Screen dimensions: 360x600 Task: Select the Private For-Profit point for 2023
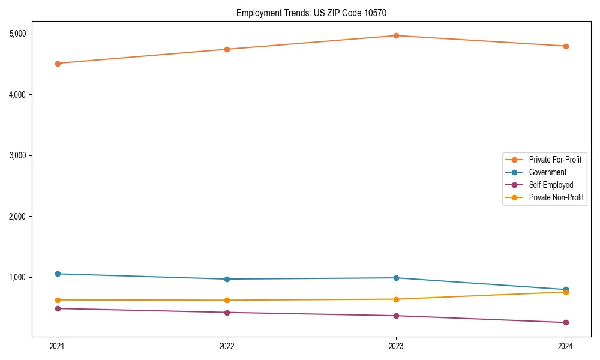pyautogui.click(x=396, y=35)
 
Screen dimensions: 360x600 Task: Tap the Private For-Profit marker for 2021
pyautogui.click(x=58, y=63)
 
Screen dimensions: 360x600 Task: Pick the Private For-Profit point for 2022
pyautogui.click(x=227, y=49)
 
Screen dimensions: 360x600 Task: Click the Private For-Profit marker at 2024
pyautogui.click(x=565, y=46)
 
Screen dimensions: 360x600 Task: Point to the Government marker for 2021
pyautogui.click(x=58, y=274)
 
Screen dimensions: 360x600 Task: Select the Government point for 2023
pyautogui.click(x=396, y=278)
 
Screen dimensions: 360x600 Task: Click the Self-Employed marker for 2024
pyautogui.click(x=565, y=322)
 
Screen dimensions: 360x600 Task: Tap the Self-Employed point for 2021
pyautogui.click(x=58, y=308)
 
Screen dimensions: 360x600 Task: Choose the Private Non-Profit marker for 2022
pyautogui.click(x=227, y=300)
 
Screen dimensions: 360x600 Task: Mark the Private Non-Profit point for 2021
pyautogui.click(x=58, y=300)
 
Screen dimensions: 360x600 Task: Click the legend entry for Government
pyautogui.click(x=547, y=172)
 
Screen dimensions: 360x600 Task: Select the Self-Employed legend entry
pyautogui.click(x=551, y=185)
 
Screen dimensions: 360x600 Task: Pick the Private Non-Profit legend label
pyautogui.click(x=556, y=197)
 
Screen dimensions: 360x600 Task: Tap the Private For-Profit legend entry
pyautogui.click(x=555, y=160)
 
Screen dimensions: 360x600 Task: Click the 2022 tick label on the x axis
pyautogui.click(x=227, y=346)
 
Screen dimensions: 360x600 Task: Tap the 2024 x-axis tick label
pyautogui.click(x=565, y=346)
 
